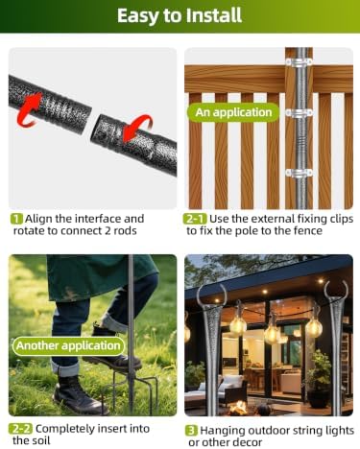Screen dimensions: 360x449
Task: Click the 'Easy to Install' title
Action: [180, 15]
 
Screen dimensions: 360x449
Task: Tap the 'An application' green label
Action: [233, 112]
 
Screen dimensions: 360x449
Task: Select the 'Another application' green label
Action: [68, 345]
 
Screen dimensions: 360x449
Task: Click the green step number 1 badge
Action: [16, 219]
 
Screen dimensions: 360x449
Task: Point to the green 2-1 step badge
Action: [195, 219]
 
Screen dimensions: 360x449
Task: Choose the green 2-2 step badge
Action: [20, 429]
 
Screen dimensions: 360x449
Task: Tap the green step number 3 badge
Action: [192, 431]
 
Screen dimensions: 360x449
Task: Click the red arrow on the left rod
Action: [29, 108]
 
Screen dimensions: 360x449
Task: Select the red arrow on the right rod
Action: [138, 128]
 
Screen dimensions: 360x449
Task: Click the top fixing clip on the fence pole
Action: [300, 61]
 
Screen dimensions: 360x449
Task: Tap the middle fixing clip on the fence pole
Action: [299, 113]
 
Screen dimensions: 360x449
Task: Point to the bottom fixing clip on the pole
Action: [299, 173]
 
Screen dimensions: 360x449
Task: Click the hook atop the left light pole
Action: [209, 295]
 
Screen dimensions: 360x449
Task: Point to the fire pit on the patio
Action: [239, 408]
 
